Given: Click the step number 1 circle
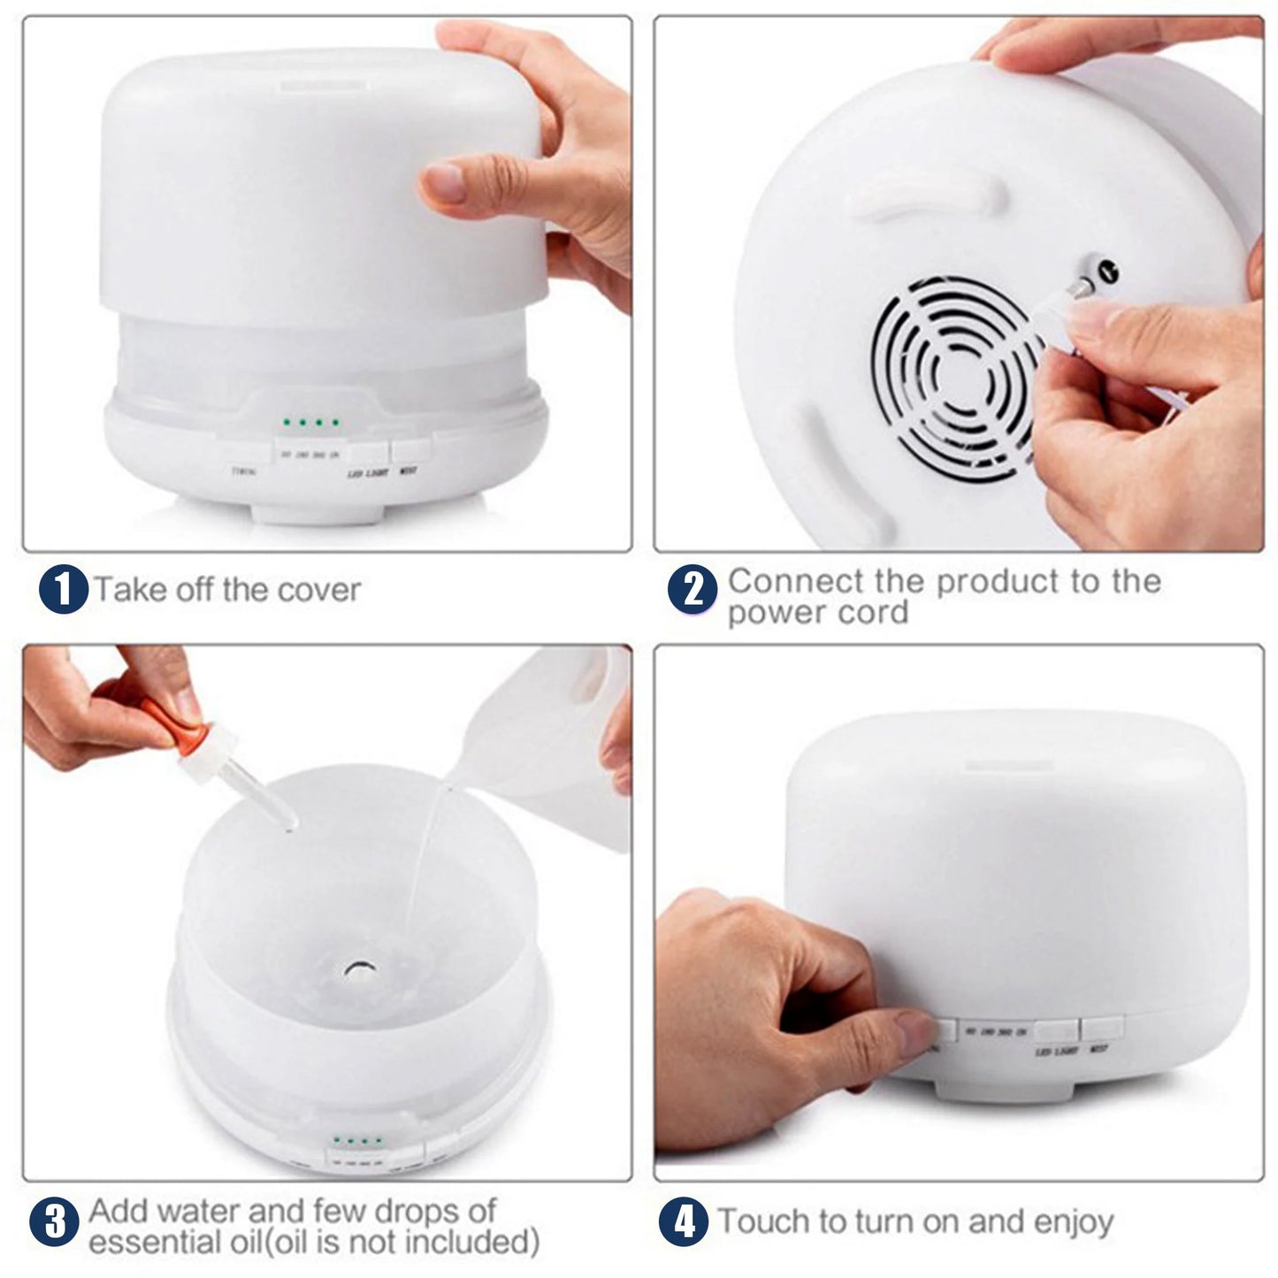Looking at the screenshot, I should click(64, 590).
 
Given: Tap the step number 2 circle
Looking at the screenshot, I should click(693, 590).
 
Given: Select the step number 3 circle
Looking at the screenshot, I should click(55, 1223).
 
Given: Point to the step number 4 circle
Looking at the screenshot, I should click(684, 1223).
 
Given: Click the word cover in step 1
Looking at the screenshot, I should click(319, 590).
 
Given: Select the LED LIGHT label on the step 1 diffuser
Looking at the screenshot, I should click(367, 474).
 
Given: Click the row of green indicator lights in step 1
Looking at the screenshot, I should click(310, 422).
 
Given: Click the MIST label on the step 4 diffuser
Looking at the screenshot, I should click(1099, 1052).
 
